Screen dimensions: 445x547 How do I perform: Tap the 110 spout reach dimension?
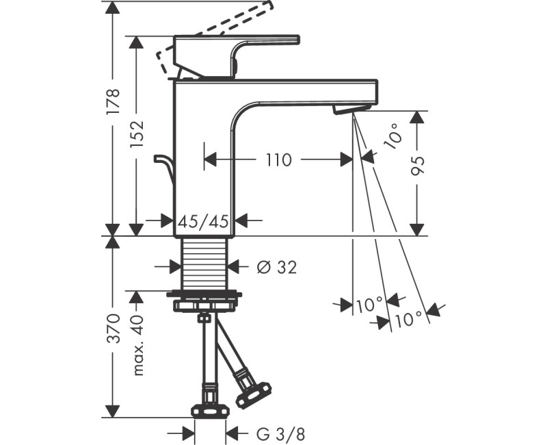(278, 160)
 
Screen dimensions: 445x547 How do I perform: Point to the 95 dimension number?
(418, 164)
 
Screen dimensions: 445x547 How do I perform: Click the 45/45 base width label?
(204, 221)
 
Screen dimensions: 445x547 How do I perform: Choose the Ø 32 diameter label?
(276, 268)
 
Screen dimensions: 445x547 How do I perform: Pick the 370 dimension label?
(114, 329)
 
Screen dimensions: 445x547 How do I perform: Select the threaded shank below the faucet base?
(204, 264)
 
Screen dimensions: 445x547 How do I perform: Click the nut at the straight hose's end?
(204, 410)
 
